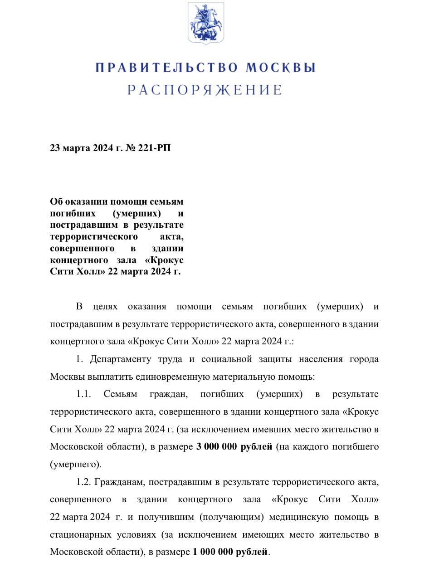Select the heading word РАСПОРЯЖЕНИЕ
tap(205, 90)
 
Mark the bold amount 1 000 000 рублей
tap(230, 552)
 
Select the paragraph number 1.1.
tap(84, 394)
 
